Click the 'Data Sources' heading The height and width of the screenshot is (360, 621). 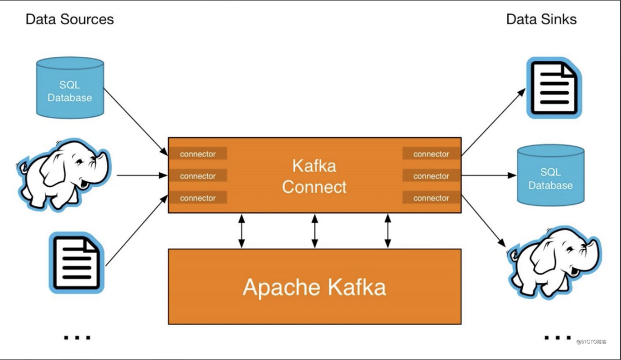[x=70, y=19]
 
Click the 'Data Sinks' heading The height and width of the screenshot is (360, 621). [x=541, y=19]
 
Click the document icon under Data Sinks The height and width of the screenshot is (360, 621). [x=553, y=89]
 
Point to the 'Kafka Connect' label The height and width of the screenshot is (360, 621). [x=314, y=176]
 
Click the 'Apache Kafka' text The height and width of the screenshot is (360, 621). [x=314, y=287]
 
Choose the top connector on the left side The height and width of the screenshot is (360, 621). [x=197, y=154]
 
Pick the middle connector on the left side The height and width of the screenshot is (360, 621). [x=197, y=176]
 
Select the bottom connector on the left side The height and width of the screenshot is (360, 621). [x=197, y=198]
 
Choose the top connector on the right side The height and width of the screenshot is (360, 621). [x=431, y=154]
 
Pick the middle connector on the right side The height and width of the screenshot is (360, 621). [x=431, y=176]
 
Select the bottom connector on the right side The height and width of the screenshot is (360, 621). [x=431, y=198]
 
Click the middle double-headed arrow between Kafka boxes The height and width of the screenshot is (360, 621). [x=315, y=231]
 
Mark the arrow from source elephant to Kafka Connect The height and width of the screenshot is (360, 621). [x=142, y=175]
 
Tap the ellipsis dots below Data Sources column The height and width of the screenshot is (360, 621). [x=77, y=337]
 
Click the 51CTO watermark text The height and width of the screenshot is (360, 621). [x=591, y=341]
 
